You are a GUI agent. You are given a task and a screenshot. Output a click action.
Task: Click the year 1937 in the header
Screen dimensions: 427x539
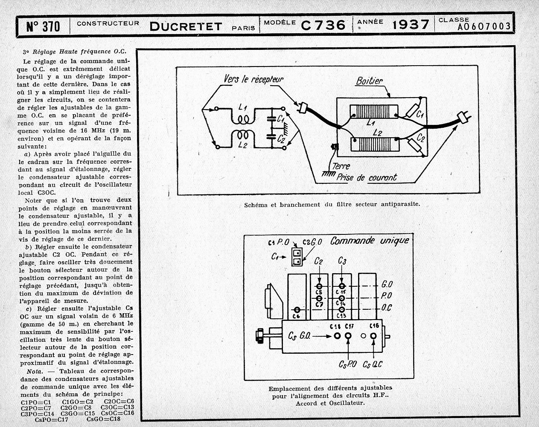click(x=410, y=25)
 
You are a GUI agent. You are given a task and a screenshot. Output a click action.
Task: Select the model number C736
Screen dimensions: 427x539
click(x=323, y=26)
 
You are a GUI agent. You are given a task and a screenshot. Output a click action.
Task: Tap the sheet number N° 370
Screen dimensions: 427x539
click(x=43, y=27)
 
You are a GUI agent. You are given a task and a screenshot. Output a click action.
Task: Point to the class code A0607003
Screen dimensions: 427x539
click(x=484, y=27)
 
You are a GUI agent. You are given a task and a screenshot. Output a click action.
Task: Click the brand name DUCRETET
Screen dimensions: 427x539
click(x=186, y=26)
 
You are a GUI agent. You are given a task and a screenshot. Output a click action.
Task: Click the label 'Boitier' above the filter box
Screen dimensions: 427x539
click(x=370, y=81)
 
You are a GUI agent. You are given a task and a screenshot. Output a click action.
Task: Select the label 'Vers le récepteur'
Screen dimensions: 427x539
click(x=253, y=79)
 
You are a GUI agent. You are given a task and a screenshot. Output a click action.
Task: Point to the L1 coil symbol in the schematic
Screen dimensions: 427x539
click(x=244, y=118)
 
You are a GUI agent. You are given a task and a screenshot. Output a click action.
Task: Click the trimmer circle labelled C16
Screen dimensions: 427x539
click(x=374, y=335)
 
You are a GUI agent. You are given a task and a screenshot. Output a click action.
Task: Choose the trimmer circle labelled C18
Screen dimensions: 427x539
click(x=337, y=335)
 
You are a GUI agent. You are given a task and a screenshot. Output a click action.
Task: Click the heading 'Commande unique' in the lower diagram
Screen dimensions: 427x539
click(x=370, y=240)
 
